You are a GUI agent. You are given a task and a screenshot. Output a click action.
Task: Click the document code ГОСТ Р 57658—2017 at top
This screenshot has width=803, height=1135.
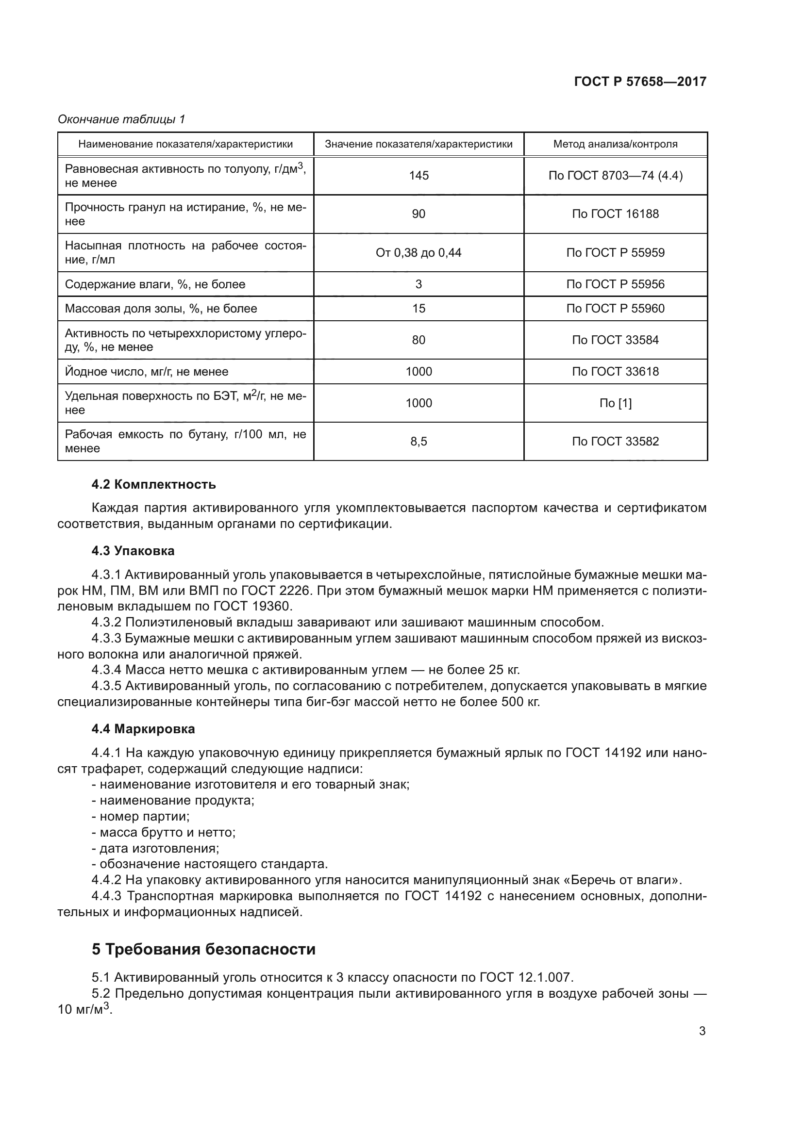[640, 82]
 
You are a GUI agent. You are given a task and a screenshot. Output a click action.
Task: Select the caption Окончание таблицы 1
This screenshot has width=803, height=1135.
[121, 119]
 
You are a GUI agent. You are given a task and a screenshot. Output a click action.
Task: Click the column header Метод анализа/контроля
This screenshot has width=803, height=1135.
[615, 144]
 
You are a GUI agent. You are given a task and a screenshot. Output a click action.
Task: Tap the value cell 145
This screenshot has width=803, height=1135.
[418, 176]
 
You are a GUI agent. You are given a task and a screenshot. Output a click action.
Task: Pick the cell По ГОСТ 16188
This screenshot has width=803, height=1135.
[615, 214]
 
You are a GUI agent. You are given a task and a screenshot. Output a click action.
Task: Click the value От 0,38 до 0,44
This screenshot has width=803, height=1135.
[418, 253]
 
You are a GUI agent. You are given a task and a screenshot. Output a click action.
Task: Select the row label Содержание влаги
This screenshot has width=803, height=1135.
[155, 284]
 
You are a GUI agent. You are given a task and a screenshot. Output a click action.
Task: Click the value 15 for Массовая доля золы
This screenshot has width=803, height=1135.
[418, 309]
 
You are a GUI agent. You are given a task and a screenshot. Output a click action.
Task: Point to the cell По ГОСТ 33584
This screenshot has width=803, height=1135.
[615, 340]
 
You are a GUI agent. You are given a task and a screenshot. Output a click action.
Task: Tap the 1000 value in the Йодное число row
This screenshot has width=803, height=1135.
[418, 371]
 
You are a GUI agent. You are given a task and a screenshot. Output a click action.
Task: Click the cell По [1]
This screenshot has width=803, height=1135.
[615, 403]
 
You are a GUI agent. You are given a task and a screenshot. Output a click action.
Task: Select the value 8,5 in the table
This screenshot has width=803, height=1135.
[418, 441]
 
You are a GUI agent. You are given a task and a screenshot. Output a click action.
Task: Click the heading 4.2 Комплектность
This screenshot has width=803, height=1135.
[153, 484]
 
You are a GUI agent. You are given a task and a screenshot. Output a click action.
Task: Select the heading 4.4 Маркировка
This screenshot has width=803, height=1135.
[143, 729]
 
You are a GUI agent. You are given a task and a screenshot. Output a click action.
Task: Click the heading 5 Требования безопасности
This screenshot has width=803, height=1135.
[203, 950]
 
